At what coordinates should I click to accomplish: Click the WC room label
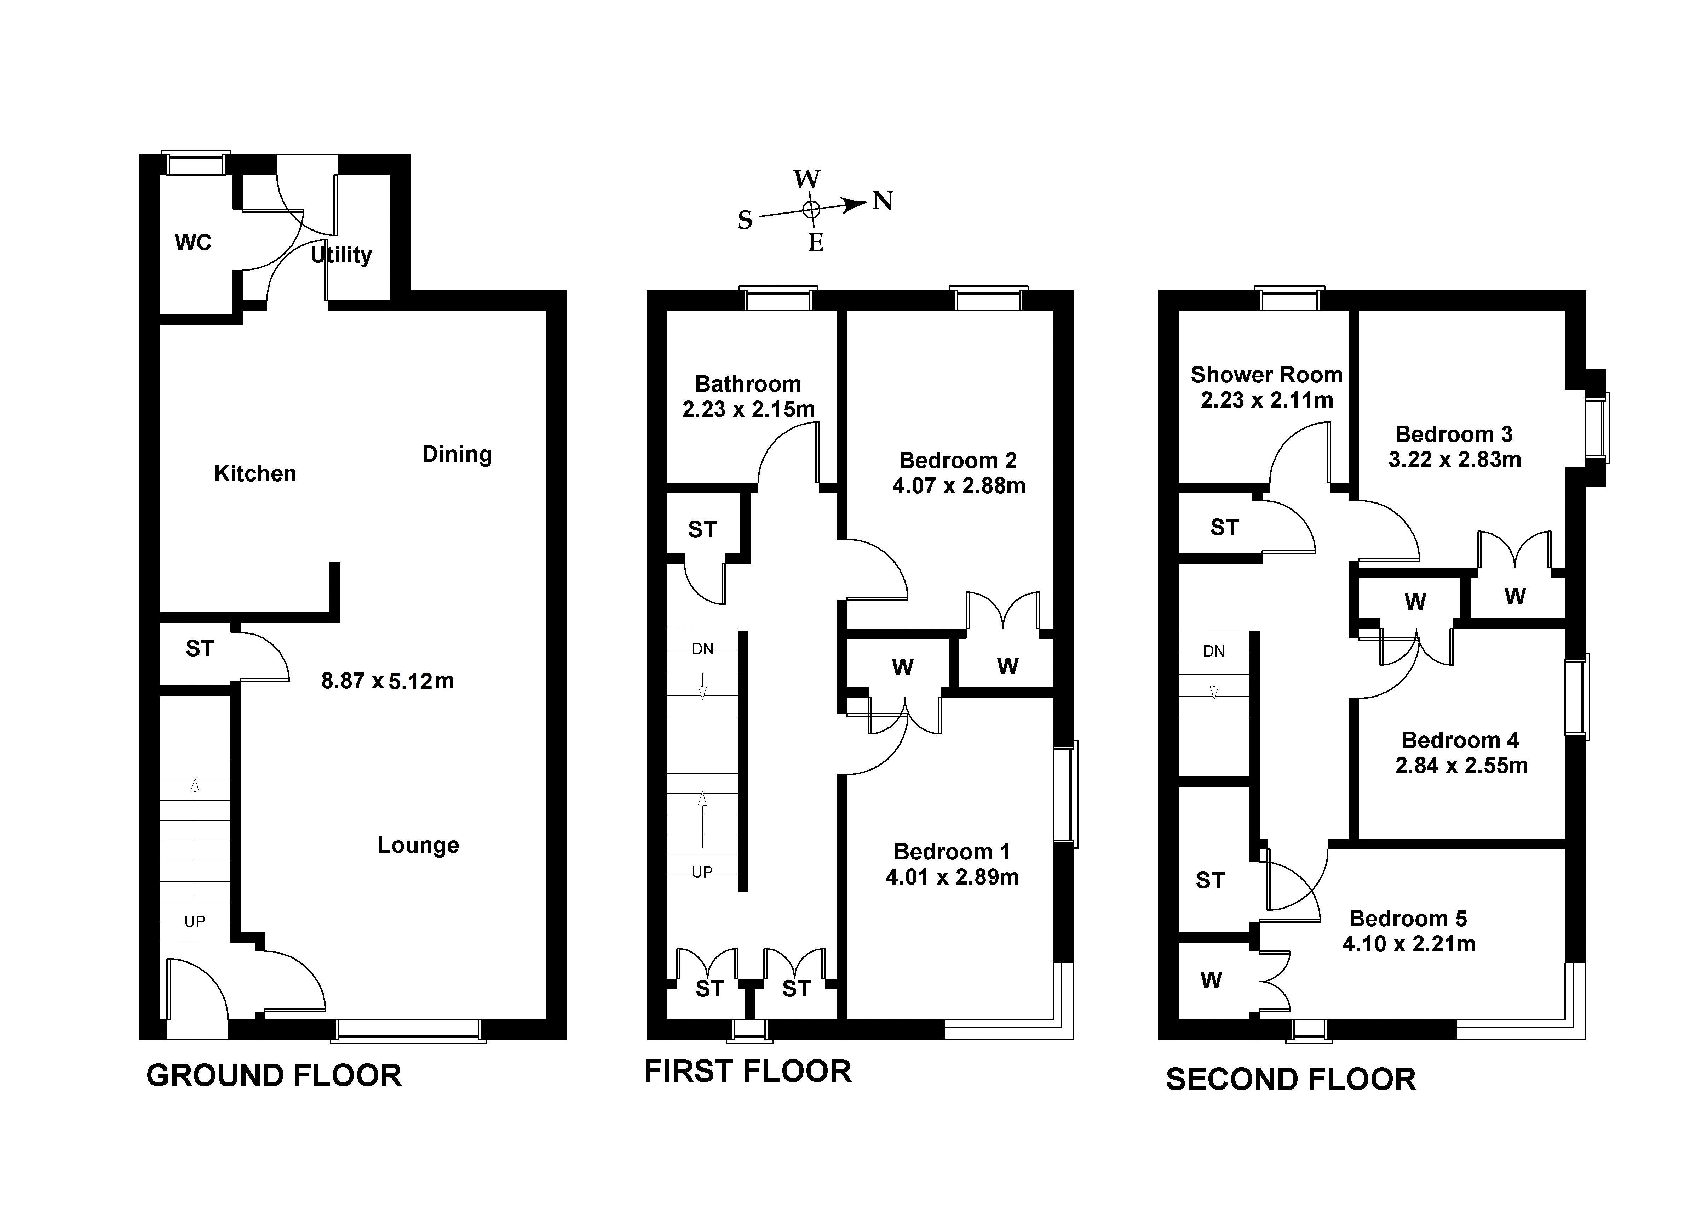[193, 243]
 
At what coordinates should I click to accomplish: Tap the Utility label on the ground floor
[341, 255]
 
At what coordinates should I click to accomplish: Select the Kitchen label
[255, 473]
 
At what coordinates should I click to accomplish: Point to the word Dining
[457, 454]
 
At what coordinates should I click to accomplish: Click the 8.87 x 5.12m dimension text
[387, 681]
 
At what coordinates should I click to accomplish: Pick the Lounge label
[418, 845]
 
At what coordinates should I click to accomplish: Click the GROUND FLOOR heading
[274, 1075]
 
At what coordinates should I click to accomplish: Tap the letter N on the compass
[883, 201]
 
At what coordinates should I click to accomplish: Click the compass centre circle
[811, 209]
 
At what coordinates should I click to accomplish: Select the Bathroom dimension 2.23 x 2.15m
[748, 409]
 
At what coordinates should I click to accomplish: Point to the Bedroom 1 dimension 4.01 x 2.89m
[952, 877]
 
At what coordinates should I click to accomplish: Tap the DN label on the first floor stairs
[702, 649]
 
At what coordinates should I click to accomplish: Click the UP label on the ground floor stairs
[194, 922]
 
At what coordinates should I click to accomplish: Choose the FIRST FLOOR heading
[747, 1072]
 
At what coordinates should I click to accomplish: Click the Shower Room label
[1266, 375]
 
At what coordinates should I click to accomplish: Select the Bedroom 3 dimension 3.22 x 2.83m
[1455, 459]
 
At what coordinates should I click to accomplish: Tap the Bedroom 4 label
[1460, 740]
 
